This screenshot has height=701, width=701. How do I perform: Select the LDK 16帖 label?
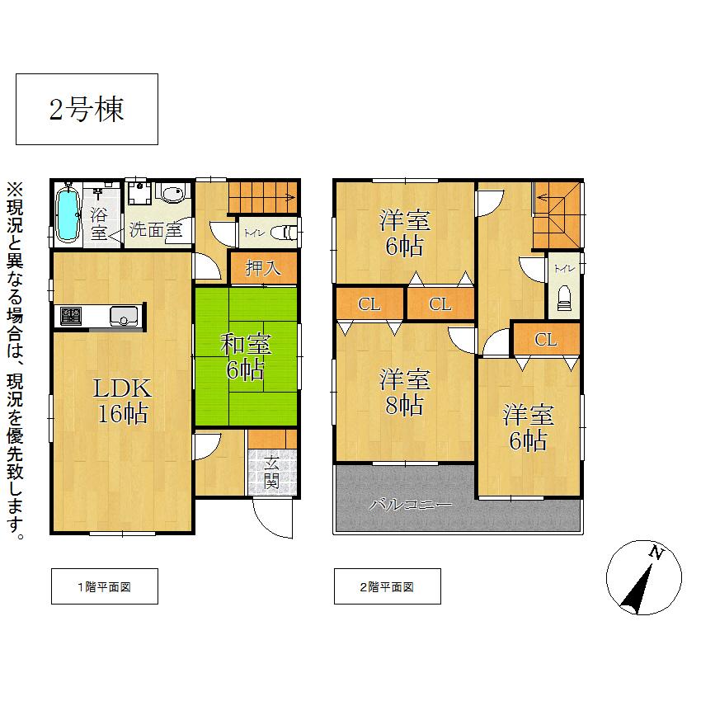(x=123, y=400)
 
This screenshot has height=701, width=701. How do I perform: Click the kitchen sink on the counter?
(x=125, y=316)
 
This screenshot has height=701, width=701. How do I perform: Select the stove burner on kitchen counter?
(x=70, y=316)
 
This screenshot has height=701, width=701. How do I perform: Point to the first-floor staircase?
(x=262, y=196)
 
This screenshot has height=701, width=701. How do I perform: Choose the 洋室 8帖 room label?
(x=404, y=393)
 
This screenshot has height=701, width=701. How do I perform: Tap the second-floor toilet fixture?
(x=565, y=297)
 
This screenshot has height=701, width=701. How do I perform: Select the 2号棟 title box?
(x=87, y=110)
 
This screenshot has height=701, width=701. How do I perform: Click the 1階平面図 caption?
(x=104, y=587)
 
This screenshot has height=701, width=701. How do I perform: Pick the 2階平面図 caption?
(x=387, y=587)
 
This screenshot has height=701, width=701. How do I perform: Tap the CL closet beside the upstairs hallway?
(x=545, y=339)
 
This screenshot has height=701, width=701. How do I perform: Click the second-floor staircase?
(x=556, y=214)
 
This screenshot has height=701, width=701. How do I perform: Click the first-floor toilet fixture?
(x=285, y=233)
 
